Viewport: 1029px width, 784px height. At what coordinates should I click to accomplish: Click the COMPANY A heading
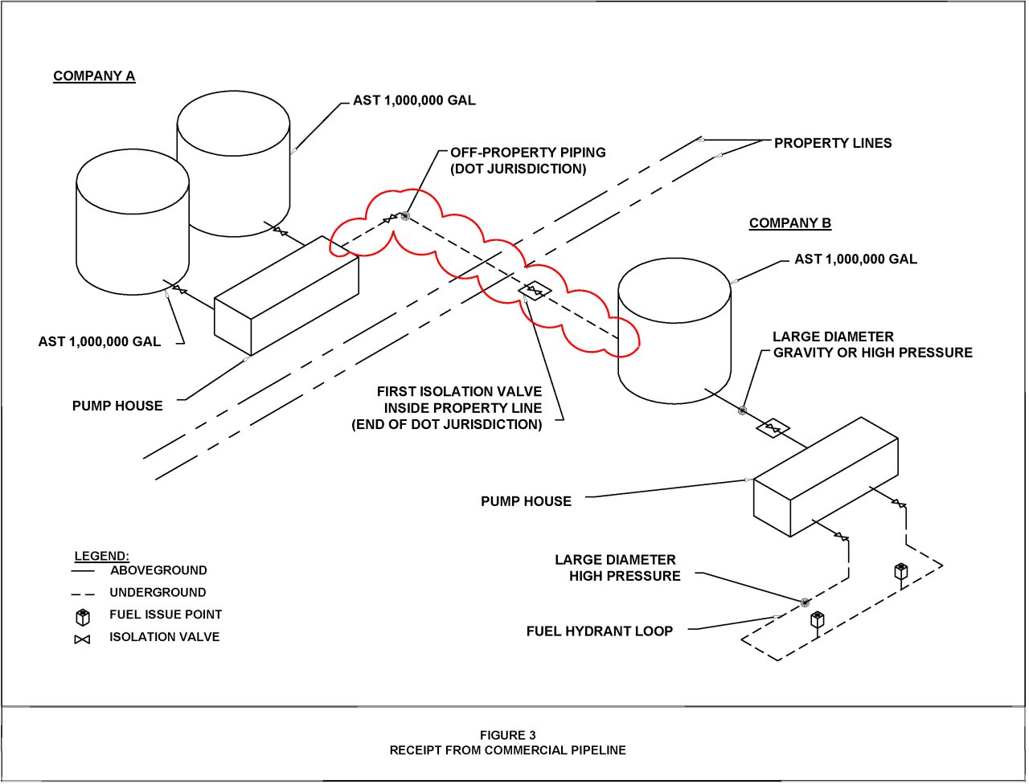pos(94,76)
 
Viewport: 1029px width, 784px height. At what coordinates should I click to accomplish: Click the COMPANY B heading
pos(789,223)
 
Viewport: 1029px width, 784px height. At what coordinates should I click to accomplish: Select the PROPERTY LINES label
pos(833,144)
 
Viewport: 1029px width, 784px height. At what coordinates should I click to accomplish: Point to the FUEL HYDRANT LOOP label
pos(599,631)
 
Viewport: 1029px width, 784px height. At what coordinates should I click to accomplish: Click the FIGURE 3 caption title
pos(507,735)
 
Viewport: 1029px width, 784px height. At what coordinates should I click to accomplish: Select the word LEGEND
pos(101,556)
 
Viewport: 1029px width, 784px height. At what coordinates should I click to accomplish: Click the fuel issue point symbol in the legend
pos(82,616)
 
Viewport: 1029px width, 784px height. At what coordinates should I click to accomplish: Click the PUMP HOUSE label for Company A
pos(117,406)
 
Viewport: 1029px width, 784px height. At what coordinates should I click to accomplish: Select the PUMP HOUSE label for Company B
pos(526,501)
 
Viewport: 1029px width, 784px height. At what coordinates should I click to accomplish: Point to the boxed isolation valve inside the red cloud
pos(533,292)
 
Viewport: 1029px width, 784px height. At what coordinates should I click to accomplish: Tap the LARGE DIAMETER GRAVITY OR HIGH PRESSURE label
pos(871,345)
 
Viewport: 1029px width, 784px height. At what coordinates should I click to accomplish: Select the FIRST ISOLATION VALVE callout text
pos(459,408)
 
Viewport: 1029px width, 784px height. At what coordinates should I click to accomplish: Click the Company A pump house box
pos(286,296)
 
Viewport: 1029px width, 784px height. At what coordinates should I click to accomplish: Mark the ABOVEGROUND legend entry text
pos(158,570)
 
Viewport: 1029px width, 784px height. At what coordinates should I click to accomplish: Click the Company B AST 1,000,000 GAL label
pos(855,259)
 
